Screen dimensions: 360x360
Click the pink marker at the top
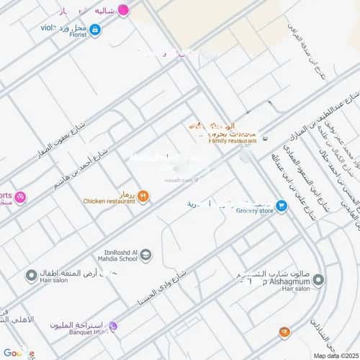[124, 10]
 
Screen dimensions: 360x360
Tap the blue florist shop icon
[95, 30]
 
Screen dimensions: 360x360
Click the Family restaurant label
[228, 141]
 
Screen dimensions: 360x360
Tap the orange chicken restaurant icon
[143, 195]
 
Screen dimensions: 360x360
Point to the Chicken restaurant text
[109, 202]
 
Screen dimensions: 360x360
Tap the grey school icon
[146, 254]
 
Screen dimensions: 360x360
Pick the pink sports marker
[20, 197]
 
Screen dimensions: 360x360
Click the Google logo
[18, 352]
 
